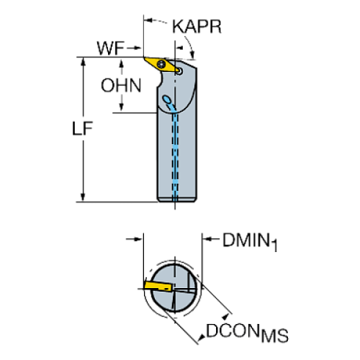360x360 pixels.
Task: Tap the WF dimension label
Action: tap(109, 49)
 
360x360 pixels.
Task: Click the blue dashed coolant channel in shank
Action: tap(176, 154)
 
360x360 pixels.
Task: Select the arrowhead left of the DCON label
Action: tap(199, 338)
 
